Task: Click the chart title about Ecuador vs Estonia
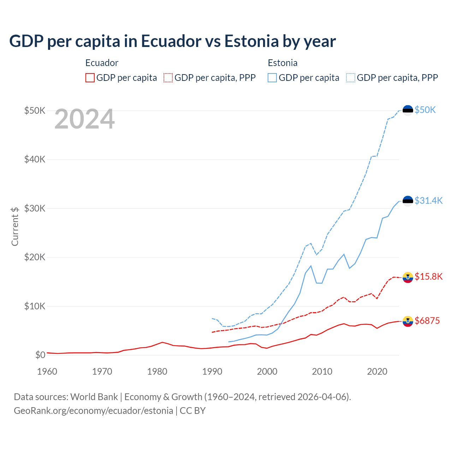[x=172, y=41]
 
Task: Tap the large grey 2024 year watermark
[x=84, y=119]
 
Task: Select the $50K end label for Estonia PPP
[x=425, y=110]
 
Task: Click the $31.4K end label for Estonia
[x=428, y=201]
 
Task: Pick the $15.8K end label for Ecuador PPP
[x=428, y=276]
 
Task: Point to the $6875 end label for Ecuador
[x=427, y=321]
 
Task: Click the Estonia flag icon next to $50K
[x=408, y=111]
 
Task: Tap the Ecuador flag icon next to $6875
[x=408, y=321]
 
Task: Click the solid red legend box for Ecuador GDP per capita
[x=90, y=78]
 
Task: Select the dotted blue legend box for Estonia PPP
[x=351, y=78]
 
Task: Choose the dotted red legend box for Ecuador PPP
[x=168, y=78]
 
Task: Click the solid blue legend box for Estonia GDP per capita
[x=272, y=78]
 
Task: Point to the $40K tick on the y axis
[x=35, y=160]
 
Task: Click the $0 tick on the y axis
[x=40, y=355]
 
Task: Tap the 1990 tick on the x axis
[x=212, y=371]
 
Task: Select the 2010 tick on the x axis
[x=322, y=371]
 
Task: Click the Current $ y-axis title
[x=15, y=226]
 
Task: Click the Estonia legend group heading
[x=282, y=63]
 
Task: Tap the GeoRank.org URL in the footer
[x=93, y=411]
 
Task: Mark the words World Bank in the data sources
[x=94, y=397]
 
